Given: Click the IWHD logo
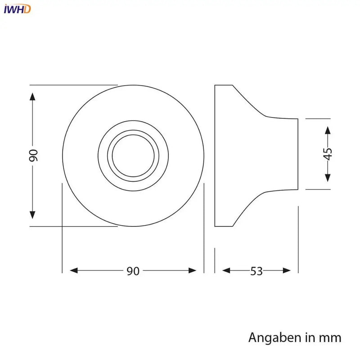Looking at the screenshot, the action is [17, 9].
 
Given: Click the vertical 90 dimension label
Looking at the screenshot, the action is [33, 155].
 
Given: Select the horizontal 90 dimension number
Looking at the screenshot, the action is [133, 271].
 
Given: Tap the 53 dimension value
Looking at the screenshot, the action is [256, 271].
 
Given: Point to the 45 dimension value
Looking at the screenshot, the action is [328, 154].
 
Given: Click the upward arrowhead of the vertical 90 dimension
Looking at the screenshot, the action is [32, 97].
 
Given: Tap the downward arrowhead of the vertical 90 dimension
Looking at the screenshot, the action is [32, 215].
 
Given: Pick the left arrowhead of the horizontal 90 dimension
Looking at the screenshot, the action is [74, 270].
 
